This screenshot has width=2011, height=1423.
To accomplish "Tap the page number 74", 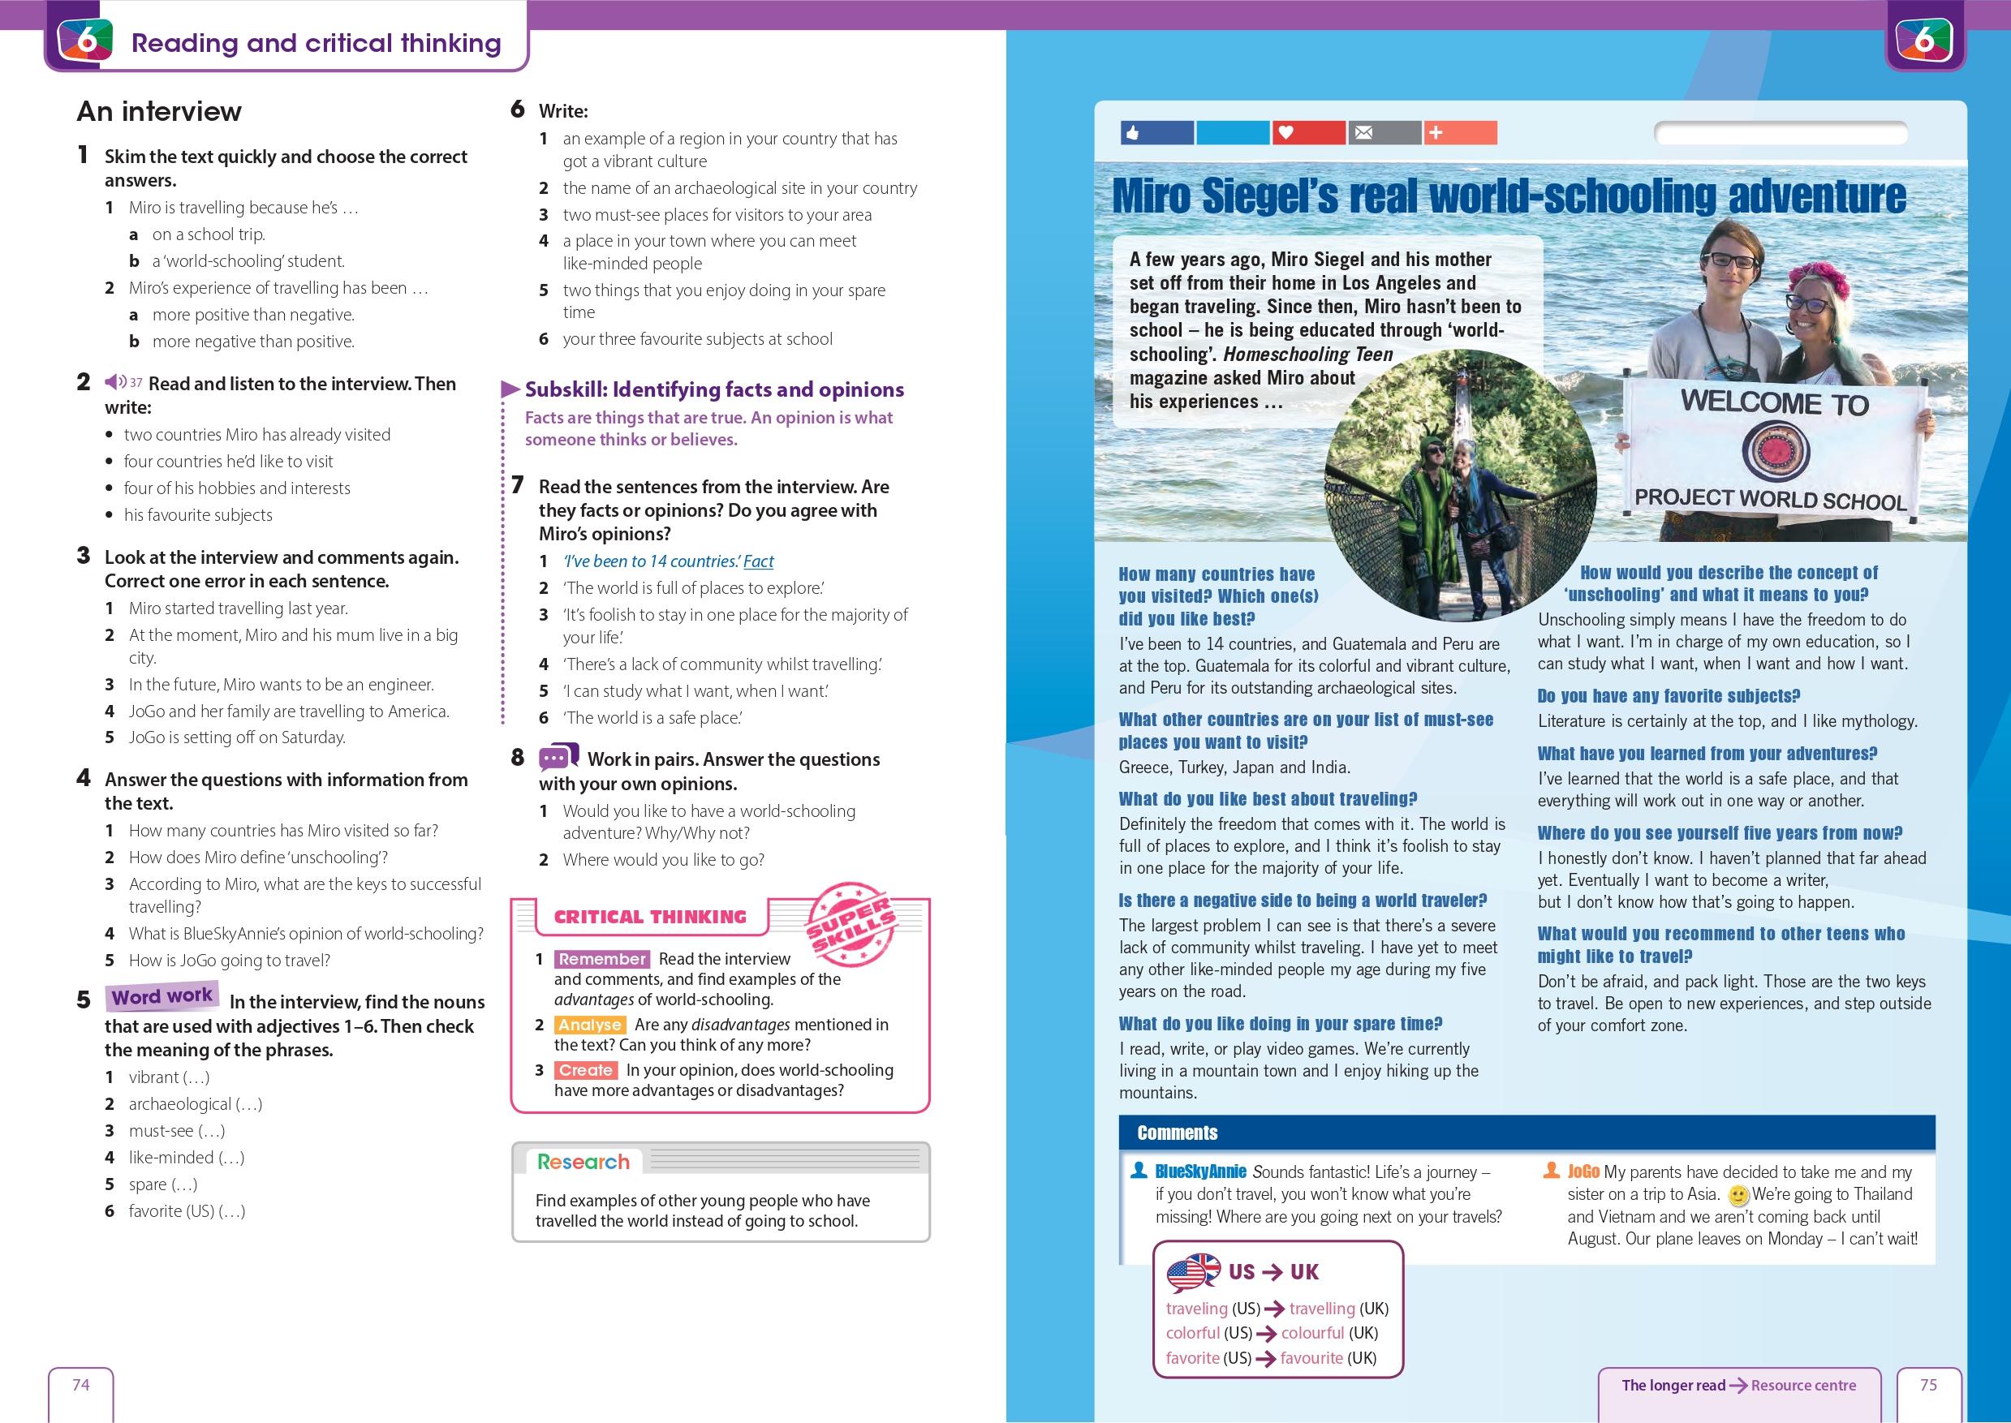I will (x=80, y=1384).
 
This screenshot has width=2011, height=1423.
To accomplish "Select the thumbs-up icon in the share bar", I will (x=1133, y=133).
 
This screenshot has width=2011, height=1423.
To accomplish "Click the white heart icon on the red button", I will (x=1285, y=133).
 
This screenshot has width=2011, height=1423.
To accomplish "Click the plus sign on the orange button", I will (x=1436, y=133).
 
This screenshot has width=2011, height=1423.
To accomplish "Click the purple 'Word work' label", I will (x=162, y=996).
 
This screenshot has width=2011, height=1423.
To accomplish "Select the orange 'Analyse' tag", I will (x=590, y=1025).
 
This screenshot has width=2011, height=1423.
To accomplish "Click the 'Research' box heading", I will (x=583, y=1162).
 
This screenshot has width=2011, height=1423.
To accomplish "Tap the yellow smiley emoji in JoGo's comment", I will (x=1738, y=1195).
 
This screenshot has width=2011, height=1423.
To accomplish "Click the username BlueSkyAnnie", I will (x=1199, y=1172).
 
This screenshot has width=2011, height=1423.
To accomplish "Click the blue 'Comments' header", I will (x=1177, y=1133).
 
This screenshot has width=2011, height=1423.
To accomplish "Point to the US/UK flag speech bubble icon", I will (x=1193, y=1272).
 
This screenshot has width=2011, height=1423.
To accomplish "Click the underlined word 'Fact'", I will (x=758, y=561).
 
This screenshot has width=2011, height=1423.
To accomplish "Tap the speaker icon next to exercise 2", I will (x=114, y=382).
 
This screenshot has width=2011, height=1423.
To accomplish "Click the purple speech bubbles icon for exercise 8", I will (x=558, y=757).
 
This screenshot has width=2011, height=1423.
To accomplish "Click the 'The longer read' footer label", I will (x=1672, y=1386).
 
